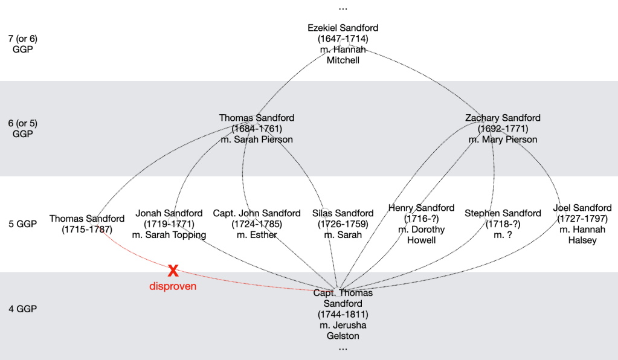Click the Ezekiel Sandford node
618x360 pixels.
click(343, 44)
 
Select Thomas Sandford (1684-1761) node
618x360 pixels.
click(256, 129)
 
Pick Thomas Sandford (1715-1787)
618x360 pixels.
click(87, 224)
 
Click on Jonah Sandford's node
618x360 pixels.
click(169, 224)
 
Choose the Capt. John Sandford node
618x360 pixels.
click(257, 224)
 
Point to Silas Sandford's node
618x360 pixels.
click(343, 224)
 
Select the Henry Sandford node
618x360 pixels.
click(422, 224)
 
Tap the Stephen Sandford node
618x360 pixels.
click(503, 224)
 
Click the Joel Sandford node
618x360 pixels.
click(582, 224)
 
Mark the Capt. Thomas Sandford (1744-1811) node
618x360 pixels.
click(343, 314)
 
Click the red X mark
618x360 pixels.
click(173, 271)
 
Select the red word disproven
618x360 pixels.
click(173, 286)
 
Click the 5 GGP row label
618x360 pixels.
click(23, 224)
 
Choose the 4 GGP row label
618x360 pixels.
click(23, 309)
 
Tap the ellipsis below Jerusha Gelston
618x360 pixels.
click(343, 349)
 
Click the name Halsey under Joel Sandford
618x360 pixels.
click(582, 240)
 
